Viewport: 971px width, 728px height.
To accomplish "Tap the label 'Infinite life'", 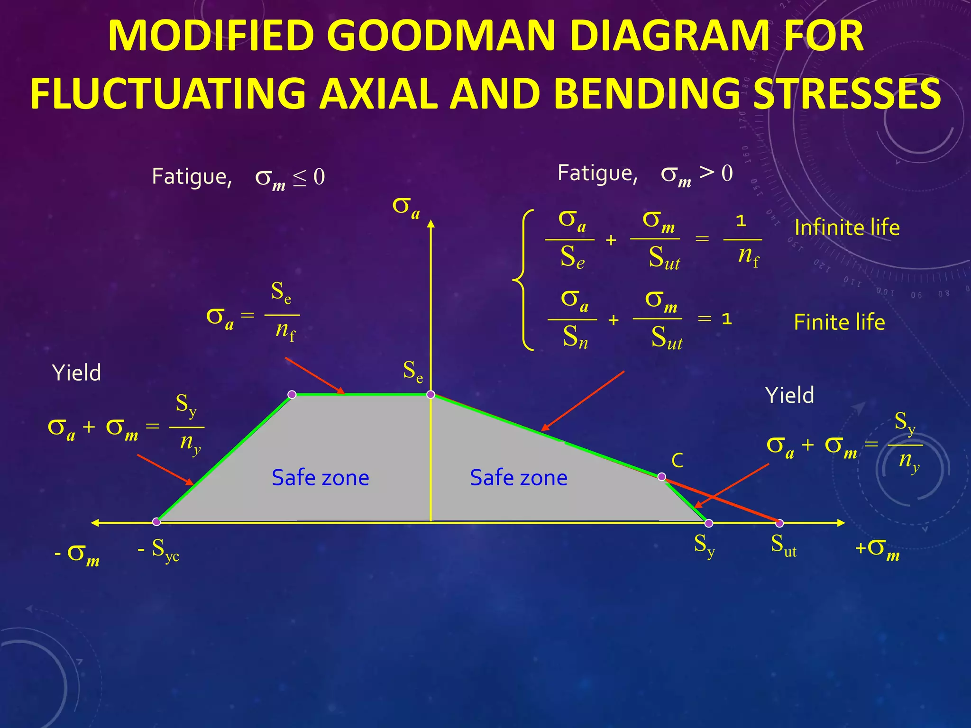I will [847, 228].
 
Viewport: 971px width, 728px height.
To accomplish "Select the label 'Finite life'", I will [839, 323].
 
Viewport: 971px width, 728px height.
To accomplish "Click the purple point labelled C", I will [662, 477].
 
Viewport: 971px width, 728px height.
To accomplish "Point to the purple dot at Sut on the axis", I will [779, 523].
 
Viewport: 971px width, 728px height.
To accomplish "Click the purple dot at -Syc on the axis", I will [156, 522].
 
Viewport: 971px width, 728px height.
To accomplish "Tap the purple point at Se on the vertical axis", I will [431, 394].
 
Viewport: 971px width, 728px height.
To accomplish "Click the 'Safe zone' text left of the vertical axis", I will [320, 478].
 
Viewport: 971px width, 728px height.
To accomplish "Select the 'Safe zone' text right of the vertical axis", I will [519, 478].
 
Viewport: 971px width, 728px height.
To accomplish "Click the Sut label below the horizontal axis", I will [783, 545].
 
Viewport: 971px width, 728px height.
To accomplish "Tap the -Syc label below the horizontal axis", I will [159, 550].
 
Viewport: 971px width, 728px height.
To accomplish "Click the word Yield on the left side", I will [77, 373].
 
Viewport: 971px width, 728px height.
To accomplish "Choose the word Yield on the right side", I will [789, 395].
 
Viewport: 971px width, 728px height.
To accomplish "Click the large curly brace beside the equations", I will [523, 280].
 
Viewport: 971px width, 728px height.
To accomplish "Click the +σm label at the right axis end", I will [877, 550].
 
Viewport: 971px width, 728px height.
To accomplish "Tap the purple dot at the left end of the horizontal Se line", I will [292, 394].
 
